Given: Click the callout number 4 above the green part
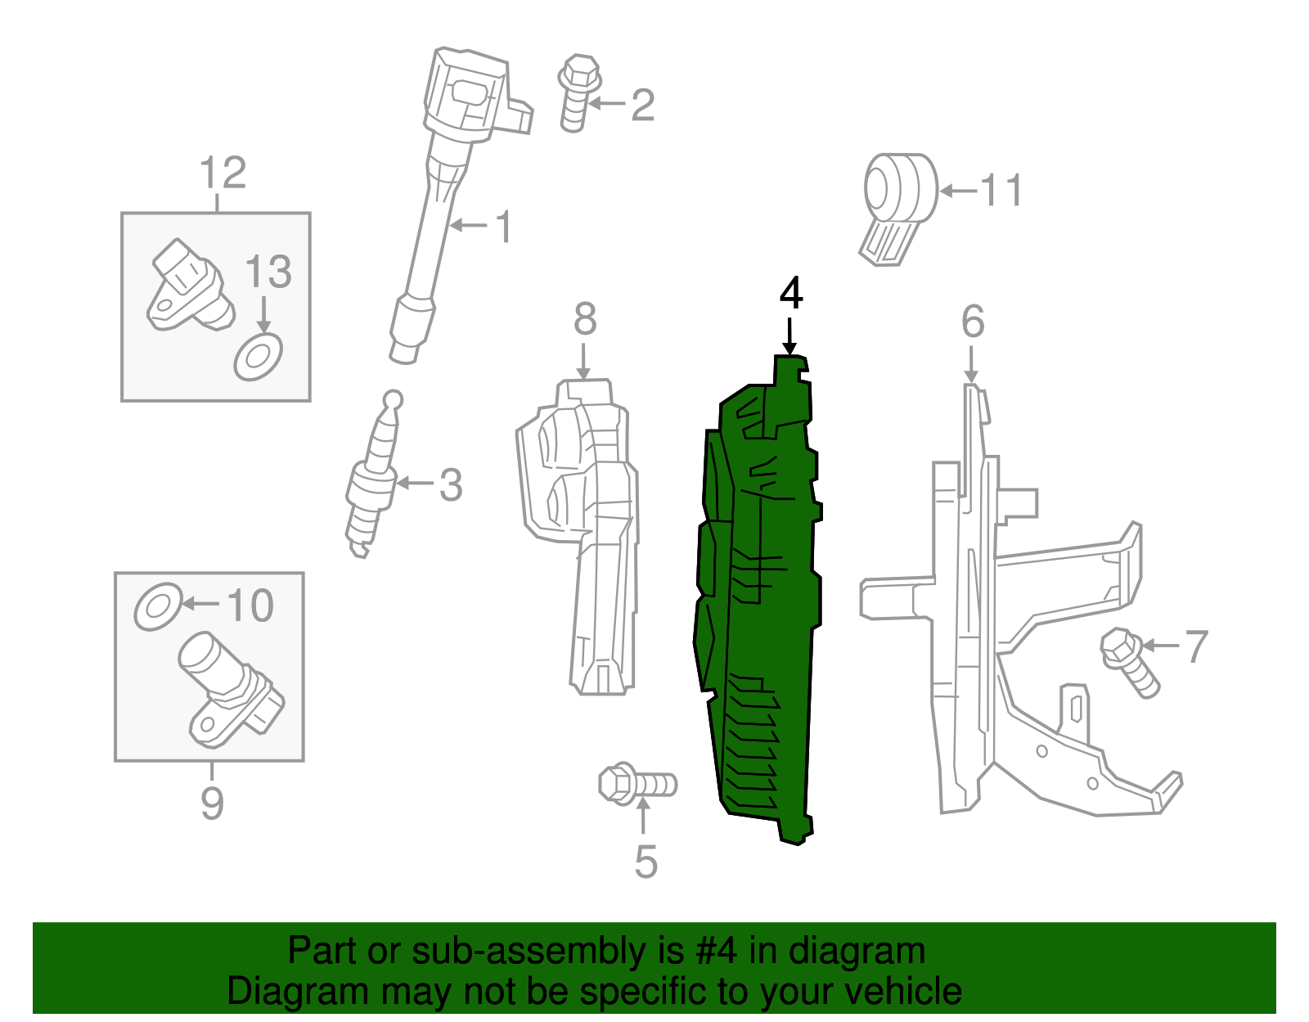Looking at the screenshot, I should pyautogui.click(x=790, y=294).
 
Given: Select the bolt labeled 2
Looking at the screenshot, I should pyautogui.click(x=578, y=93).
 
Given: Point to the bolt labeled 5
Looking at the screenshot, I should pyautogui.click(x=636, y=785).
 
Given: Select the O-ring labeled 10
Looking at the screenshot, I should pyautogui.click(x=157, y=606).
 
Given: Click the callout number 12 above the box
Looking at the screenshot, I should pyautogui.click(x=223, y=173).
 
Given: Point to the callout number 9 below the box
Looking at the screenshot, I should pyautogui.click(x=212, y=803).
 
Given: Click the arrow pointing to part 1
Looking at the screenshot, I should pyautogui.click(x=469, y=224).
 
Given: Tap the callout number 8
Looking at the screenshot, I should pyautogui.click(x=584, y=320).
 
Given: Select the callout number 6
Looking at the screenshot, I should pyautogui.click(x=972, y=322).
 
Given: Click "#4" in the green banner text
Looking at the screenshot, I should pyautogui.click(x=717, y=952).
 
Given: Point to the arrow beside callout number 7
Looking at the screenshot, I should pyautogui.click(x=1160, y=646).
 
